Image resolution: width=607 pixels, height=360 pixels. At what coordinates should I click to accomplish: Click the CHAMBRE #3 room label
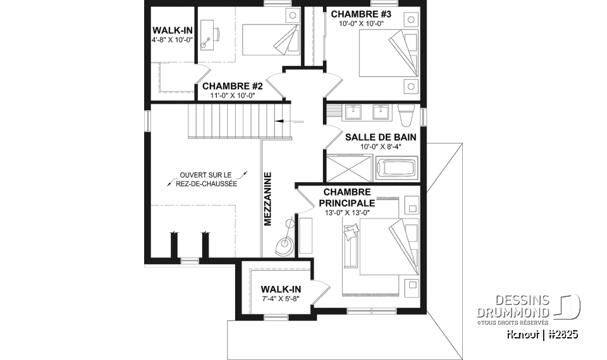[x=361, y=14]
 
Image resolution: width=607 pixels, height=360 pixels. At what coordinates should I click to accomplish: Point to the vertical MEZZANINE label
[x=267, y=199]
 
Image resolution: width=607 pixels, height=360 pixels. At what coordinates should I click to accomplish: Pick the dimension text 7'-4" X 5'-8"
[x=281, y=299]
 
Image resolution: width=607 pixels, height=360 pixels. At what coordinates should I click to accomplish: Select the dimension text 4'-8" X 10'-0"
[x=171, y=39]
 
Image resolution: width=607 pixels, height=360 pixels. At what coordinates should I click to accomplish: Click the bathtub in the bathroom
[x=396, y=170]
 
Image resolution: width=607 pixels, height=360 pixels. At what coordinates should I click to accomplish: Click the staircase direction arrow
[x=283, y=120]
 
